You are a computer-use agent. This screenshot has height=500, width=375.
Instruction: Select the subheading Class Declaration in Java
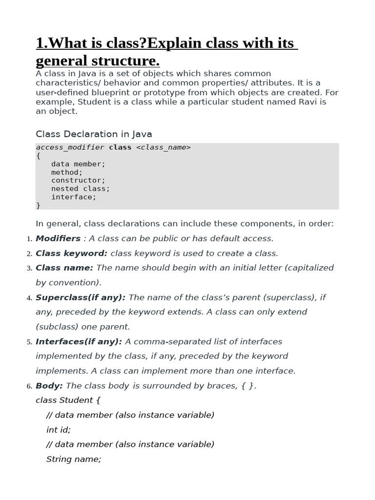point(94,134)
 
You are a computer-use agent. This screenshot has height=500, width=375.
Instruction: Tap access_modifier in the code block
point(70,147)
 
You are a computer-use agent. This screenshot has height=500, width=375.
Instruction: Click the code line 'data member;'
point(78,164)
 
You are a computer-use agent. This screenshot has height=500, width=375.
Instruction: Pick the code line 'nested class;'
point(81,189)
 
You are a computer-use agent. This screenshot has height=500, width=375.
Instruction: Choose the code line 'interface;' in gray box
point(74,197)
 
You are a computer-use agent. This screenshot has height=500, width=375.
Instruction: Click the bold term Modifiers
point(58,239)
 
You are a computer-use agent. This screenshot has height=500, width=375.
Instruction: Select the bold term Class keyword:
point(71,253)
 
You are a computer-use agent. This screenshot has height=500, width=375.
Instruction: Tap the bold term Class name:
point(64,268)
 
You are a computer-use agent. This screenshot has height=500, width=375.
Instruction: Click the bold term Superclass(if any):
point(81,297)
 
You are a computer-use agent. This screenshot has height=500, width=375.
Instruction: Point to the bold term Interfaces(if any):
point(79,342)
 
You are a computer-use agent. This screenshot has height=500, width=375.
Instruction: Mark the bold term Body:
point(49,386)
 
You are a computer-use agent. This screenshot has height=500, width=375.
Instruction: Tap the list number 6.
point(30,387)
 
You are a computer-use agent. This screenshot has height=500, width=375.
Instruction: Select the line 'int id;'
point(59,430)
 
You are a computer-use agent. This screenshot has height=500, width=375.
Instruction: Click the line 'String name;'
point(74,459)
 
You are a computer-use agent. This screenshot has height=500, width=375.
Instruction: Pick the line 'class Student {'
point(68,400)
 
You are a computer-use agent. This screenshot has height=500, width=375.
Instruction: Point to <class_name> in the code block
point(164,147)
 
